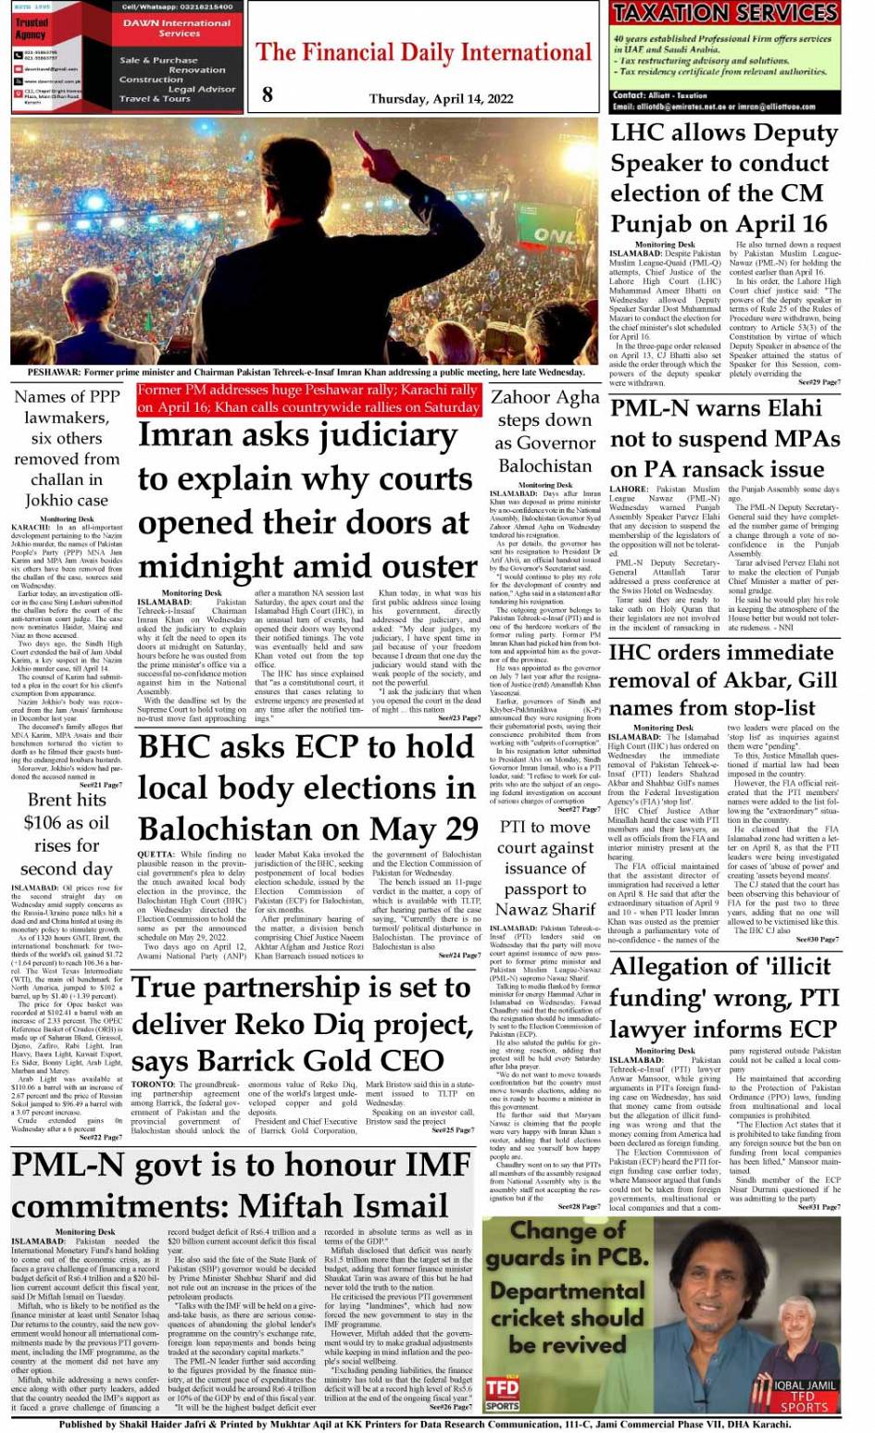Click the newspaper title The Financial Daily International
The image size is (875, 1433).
click(x=423, y=53)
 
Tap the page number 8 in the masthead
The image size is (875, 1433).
click(x=268, y=93)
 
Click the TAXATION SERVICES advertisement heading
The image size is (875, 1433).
click(x=725, y=13)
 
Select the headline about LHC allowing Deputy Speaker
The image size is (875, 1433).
click(x=724, y=178)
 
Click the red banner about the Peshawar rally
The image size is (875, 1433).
click(x=309, y=399)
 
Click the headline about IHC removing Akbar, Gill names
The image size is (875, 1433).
click(x=724, y=680)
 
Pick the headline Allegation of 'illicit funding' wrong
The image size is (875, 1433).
click(x=724, y=997)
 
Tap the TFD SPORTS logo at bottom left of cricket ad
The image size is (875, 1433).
click(x=503, y=1392)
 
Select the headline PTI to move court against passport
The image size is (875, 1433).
click(x=544, y=868)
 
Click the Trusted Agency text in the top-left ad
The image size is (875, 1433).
click(x=31, y=29)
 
